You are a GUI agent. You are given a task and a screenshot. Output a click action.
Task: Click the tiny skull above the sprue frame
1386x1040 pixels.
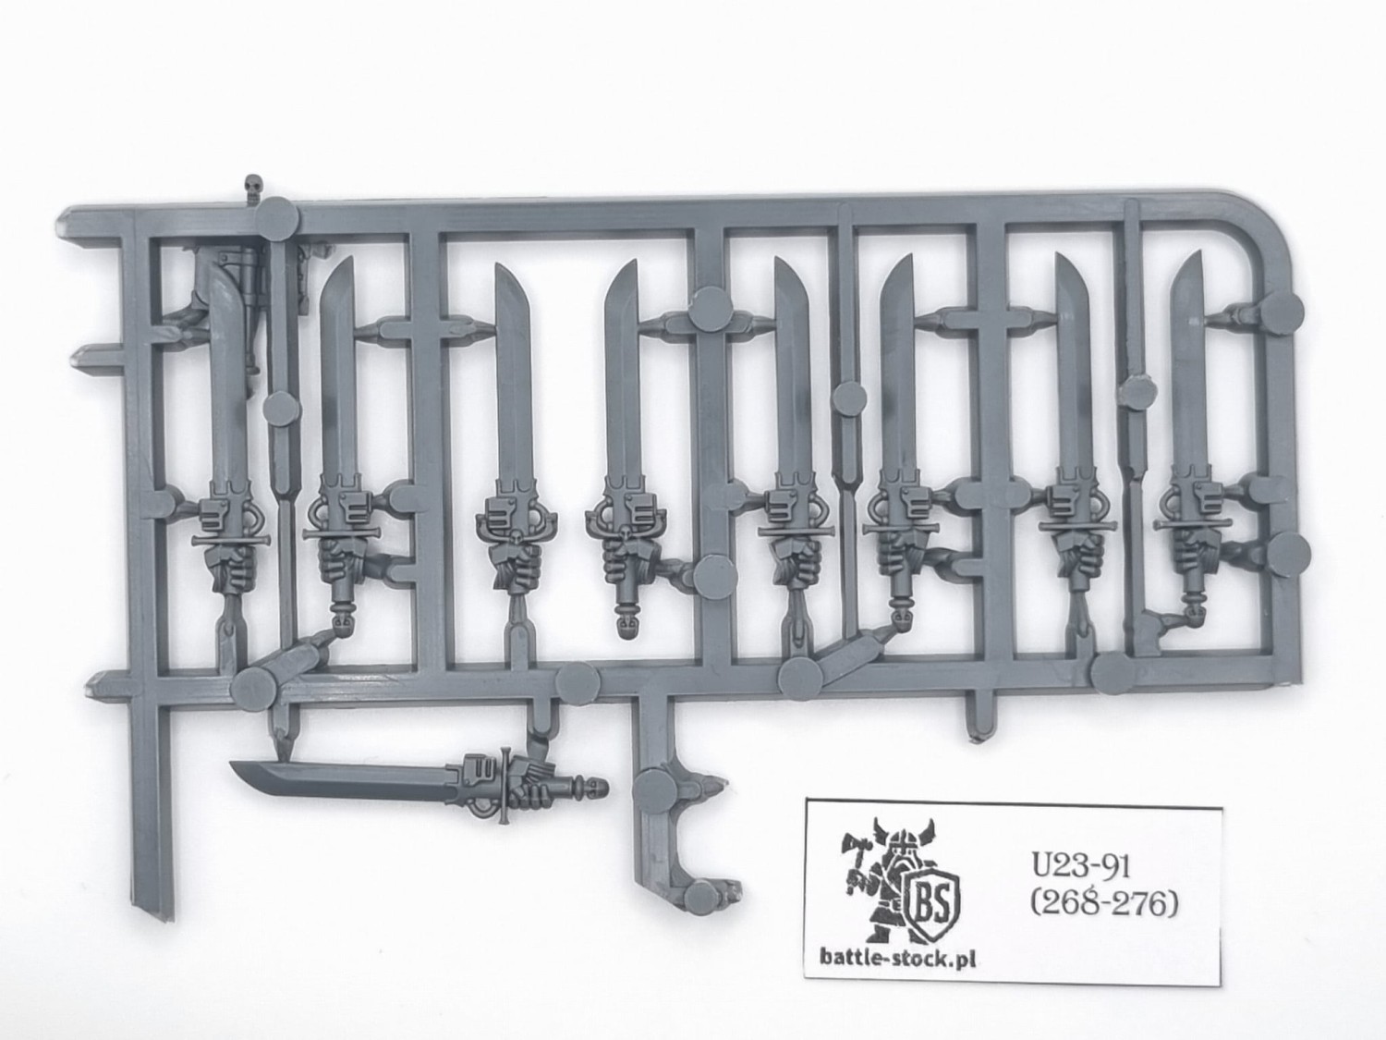click(252, 189)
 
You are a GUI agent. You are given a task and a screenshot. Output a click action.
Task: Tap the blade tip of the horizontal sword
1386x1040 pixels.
click(238, 765)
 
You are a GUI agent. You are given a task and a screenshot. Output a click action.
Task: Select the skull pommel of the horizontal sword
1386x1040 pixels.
click(595, 789)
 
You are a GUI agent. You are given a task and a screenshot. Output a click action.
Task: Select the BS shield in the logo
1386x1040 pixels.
click(939, 899)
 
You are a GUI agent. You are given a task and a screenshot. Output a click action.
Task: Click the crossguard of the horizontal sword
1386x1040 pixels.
click(504, 786)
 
